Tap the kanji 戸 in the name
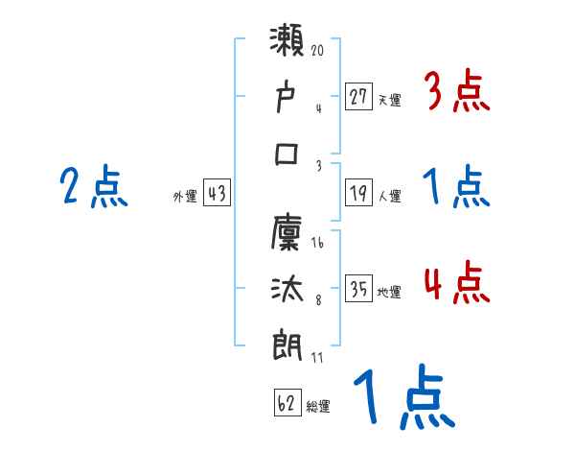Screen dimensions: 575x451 point(287,97)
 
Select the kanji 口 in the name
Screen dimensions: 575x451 point(287,154)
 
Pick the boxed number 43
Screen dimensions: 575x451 point(217,193)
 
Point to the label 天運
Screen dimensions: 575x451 point(388,98)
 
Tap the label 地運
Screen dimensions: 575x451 point(388,291)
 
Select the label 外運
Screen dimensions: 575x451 point(185,196)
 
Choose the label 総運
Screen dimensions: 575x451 point(318,406)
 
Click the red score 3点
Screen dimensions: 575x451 point(456,93)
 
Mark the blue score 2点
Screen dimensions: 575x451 point(93,187)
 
